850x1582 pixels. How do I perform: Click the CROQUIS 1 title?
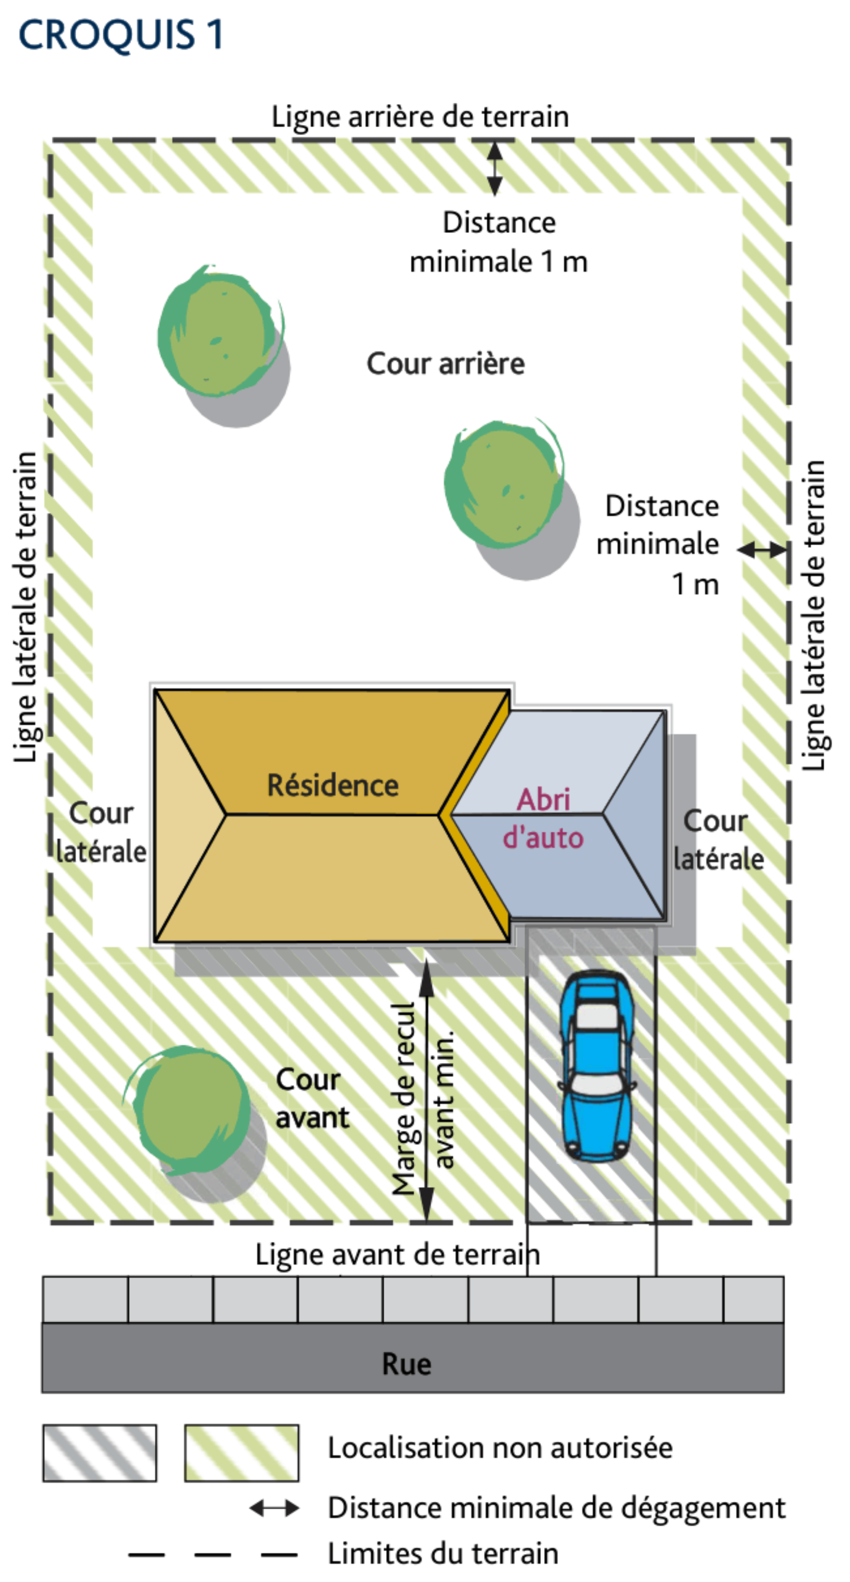[x=121, y=35]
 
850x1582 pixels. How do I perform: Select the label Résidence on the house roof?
[x=332, y=786]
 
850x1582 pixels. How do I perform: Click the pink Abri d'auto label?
[x=543, y=818]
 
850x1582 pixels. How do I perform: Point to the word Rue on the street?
[x=406, y=1364]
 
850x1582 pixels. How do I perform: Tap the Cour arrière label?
[x=445, y=364]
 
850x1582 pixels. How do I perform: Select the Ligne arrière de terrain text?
[x=421, y=116]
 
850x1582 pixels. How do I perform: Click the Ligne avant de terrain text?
[x=398, y=1254]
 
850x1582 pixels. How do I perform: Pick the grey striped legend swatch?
[x=100, y=1453]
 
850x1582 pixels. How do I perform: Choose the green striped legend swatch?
[x=242, y=1453]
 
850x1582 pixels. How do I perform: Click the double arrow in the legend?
[x=274, y=1508]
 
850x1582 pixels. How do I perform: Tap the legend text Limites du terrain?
[x=443, y=1554]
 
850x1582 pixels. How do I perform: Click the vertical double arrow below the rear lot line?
[x=495, y=168]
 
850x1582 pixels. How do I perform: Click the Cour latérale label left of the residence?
[x=101, y=832]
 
